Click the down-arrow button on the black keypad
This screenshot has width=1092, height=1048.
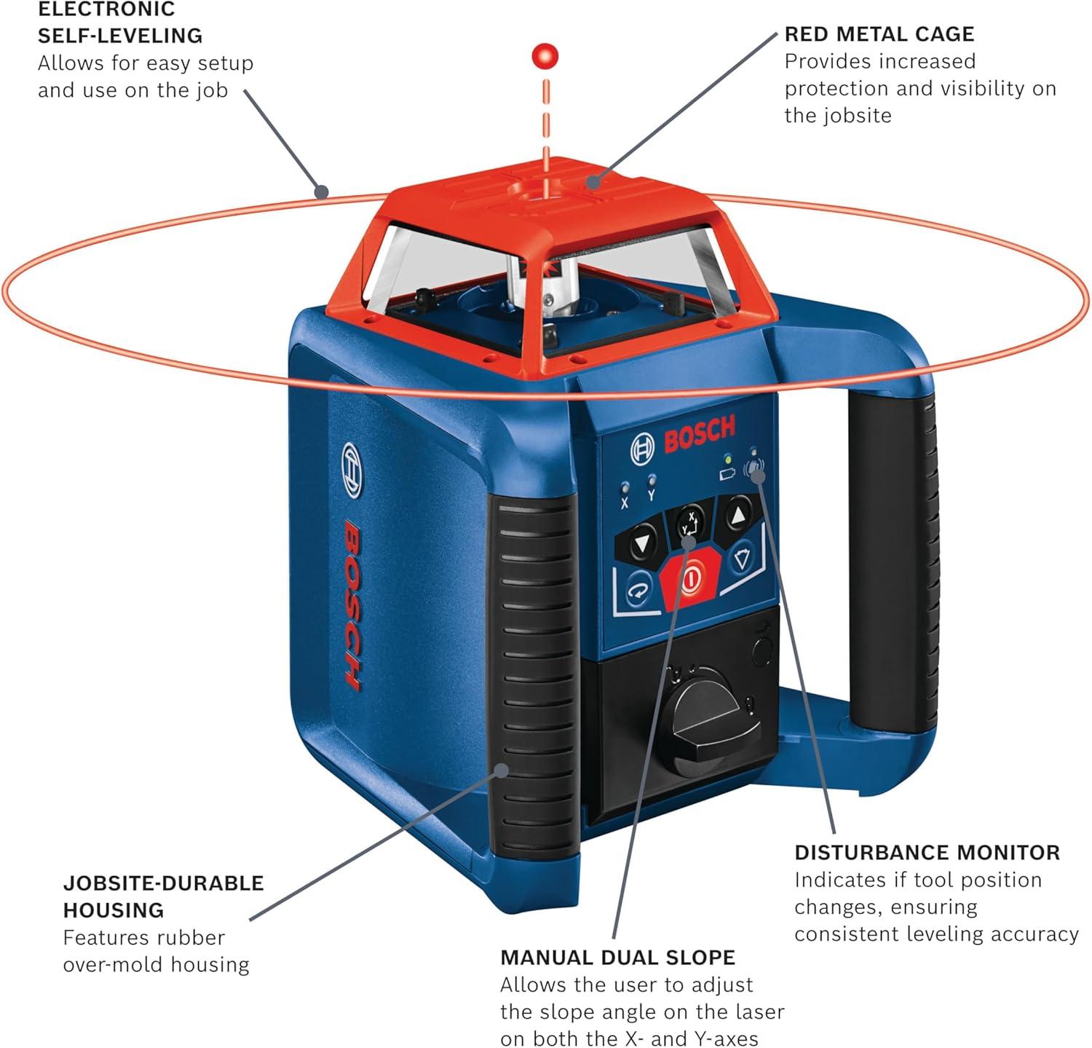641,543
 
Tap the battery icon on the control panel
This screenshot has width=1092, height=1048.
727,475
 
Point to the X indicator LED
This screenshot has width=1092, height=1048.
624,487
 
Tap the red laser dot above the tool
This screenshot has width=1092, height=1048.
544,56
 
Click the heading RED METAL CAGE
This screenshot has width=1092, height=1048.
879,34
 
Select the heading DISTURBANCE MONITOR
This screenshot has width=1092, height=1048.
927,852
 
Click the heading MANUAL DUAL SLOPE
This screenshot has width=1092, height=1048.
617,957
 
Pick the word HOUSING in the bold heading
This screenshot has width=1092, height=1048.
113,910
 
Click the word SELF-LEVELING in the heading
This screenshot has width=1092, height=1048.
120,35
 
